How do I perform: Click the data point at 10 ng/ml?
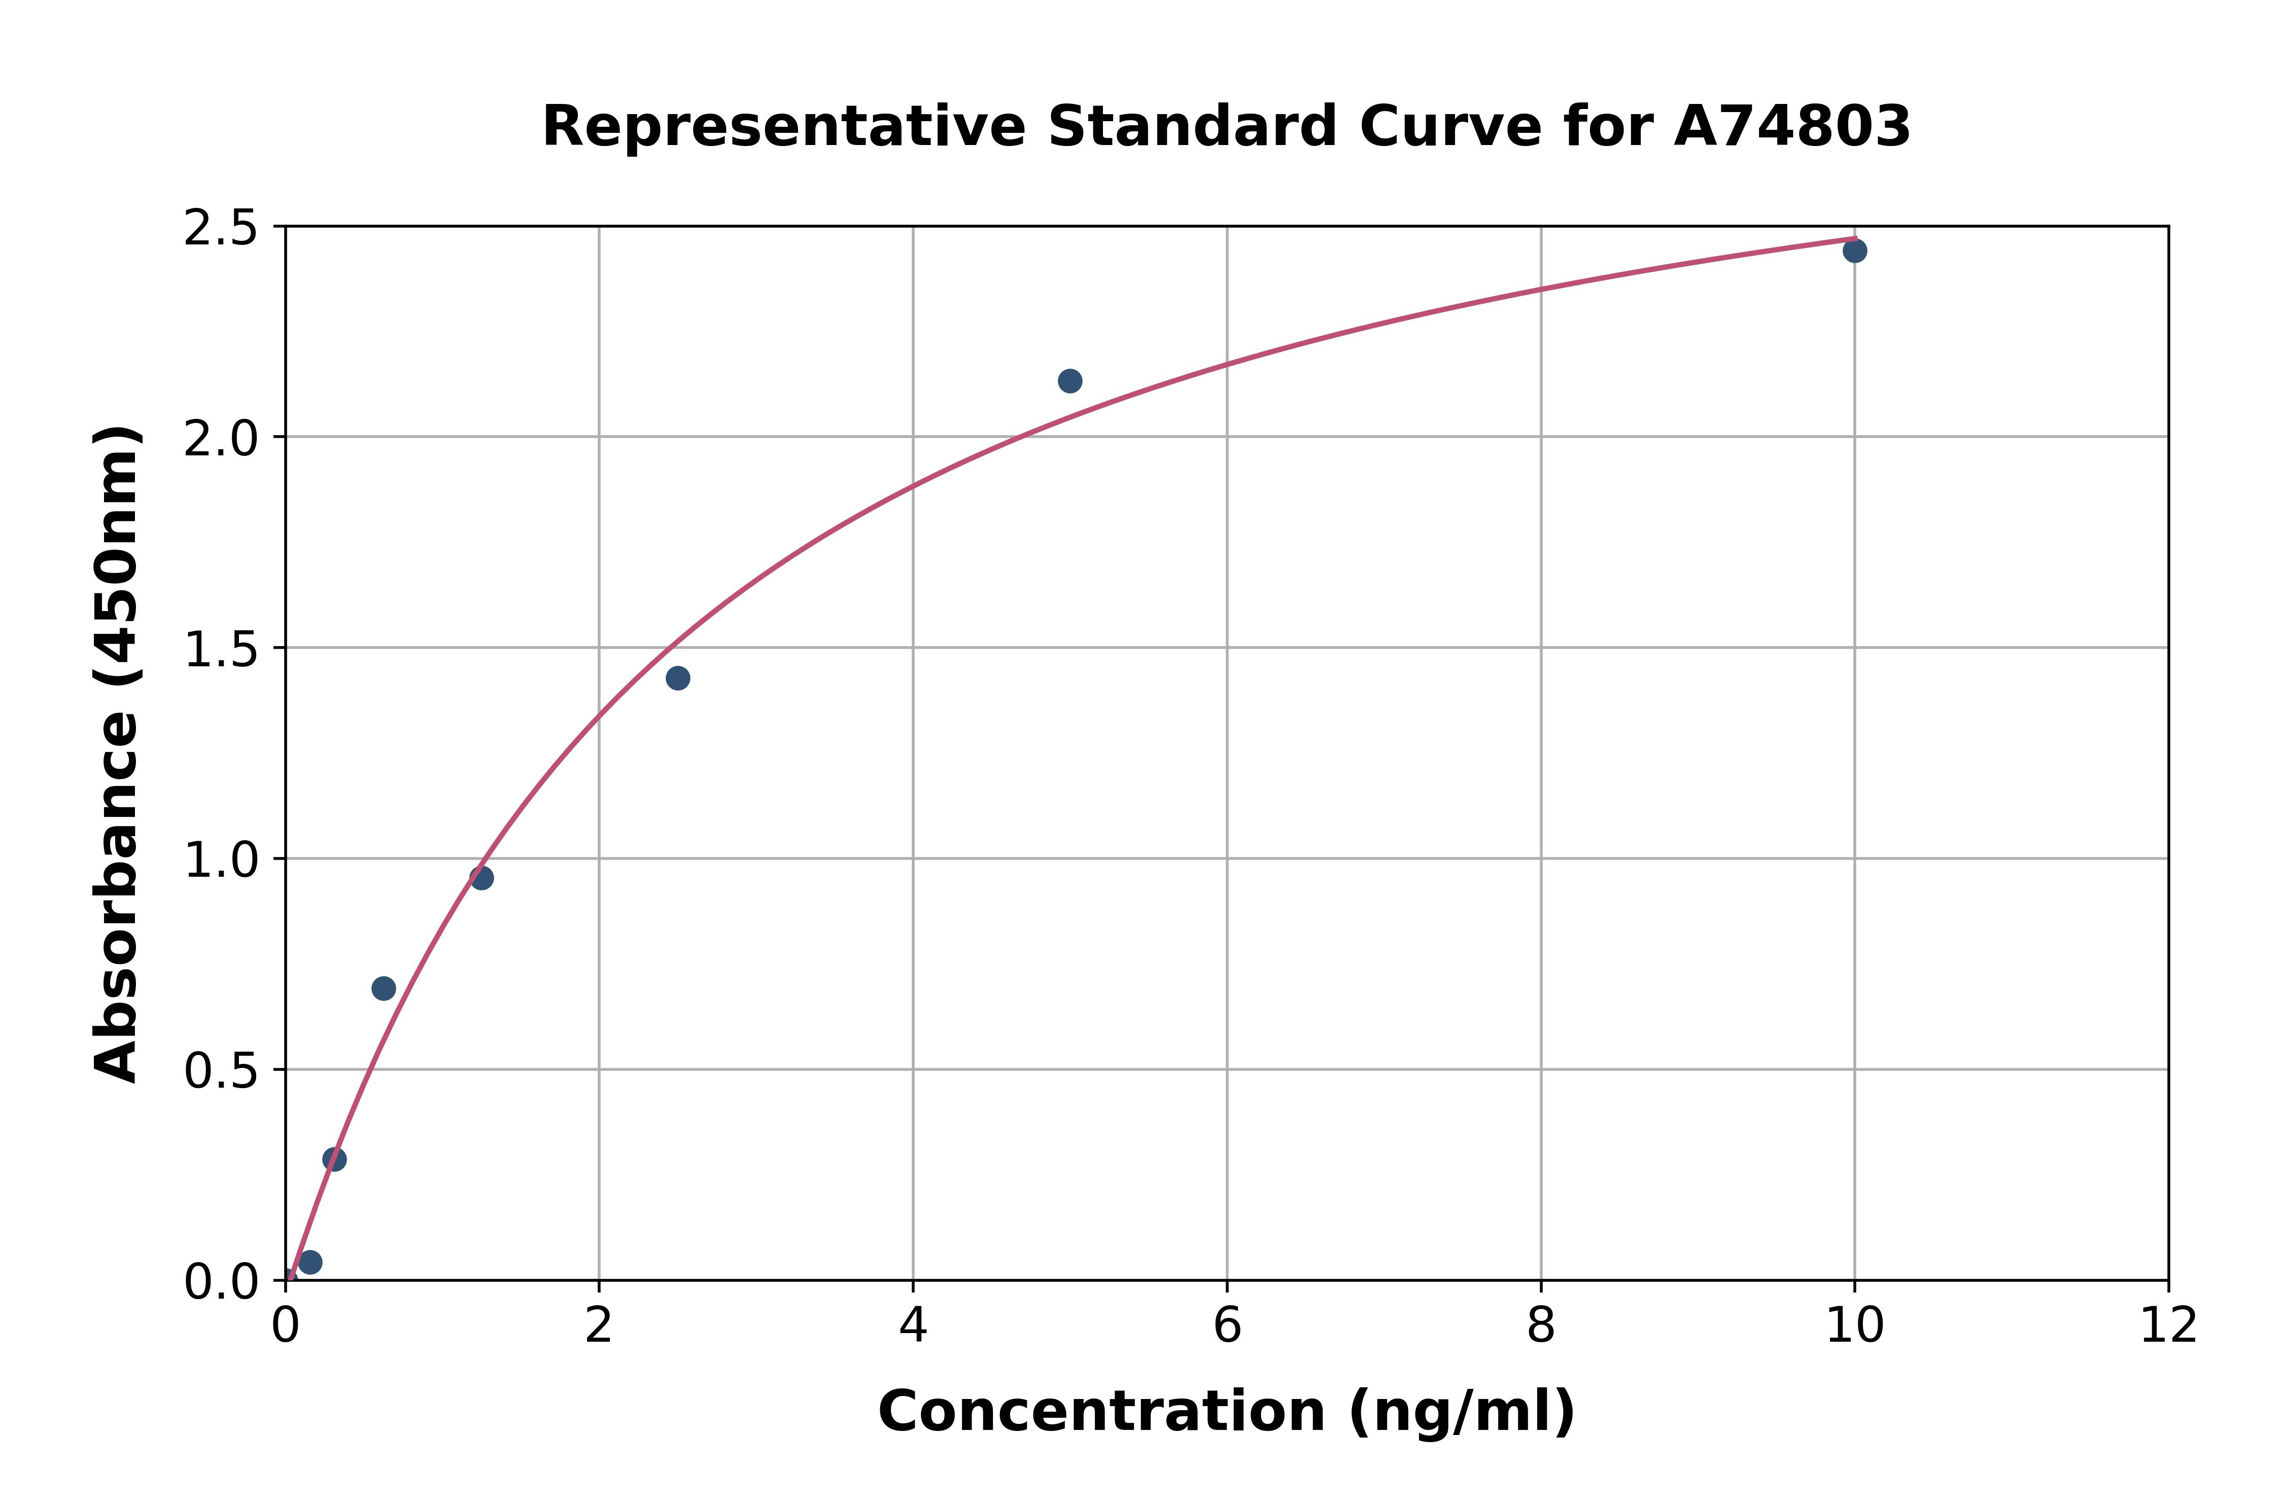click(x=1854, y=250)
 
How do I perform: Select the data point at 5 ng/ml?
click(x=1069, y=381)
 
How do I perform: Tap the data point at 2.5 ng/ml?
click(x=677, y=678)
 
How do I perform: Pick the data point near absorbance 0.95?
click(x=481, y=878)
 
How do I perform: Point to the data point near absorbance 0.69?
click(x=384, y=988)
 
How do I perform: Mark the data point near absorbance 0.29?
click(x=334, y=1159)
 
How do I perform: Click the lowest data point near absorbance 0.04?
click(x=309, y=1262)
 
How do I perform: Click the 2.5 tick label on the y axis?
click(x=221, y=229)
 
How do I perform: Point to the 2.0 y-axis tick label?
click(x=221, y=439)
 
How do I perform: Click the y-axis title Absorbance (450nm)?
click(x=117, y=754)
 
